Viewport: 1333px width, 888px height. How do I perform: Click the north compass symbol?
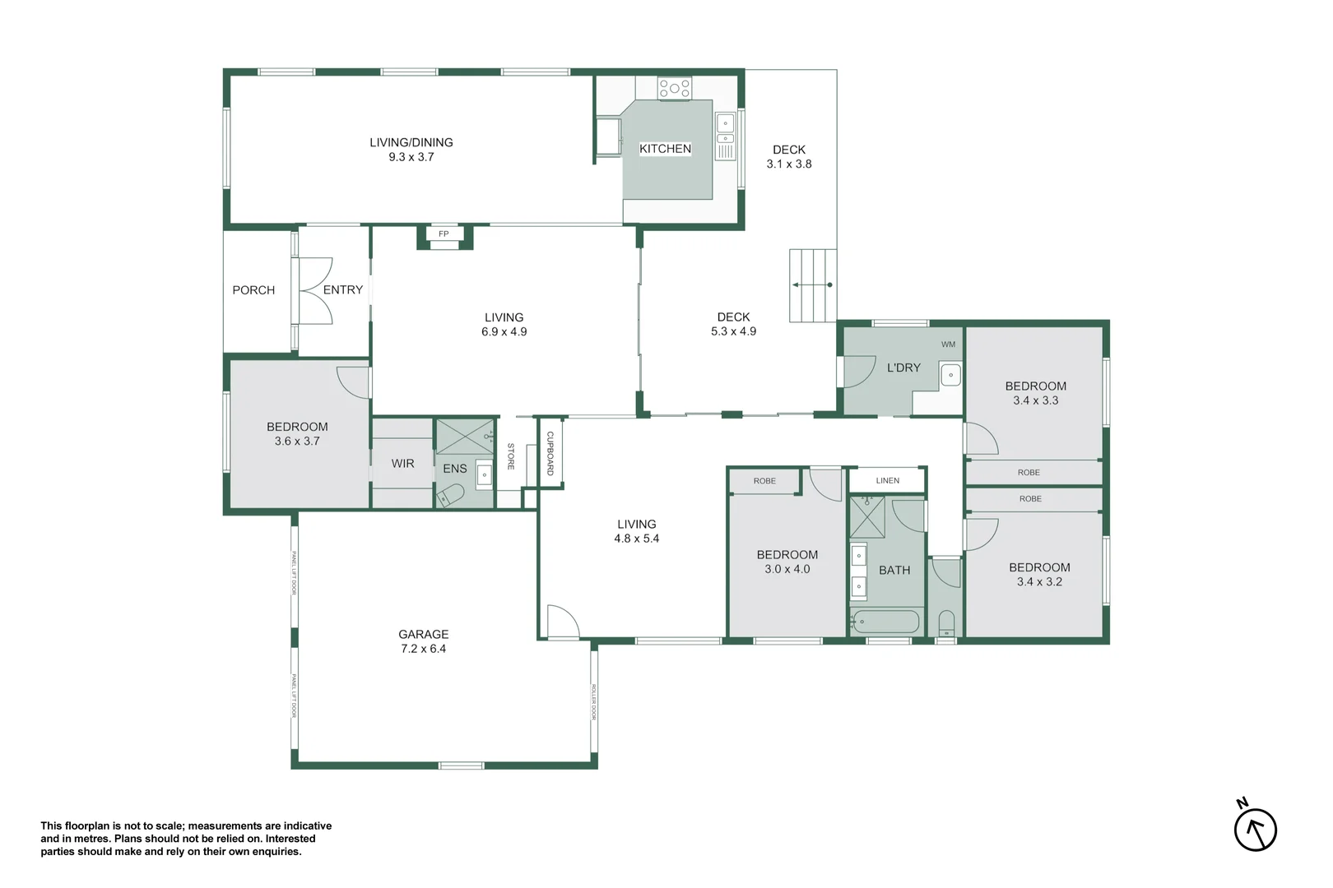[1256, 829]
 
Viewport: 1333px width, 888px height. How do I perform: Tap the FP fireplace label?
[444, 234]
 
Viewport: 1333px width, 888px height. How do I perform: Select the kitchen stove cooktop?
[674, 89]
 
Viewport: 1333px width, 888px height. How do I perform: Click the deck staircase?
[813, 285]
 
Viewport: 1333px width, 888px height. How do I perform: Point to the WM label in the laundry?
[948, 345]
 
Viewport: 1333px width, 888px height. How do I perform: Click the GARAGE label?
[423, 634]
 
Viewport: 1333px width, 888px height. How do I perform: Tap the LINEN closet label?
[887, 480]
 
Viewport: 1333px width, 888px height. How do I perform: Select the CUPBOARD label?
[550, 453]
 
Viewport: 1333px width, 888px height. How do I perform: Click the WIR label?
[402, 464]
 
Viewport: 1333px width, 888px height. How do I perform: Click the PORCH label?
[253, 290]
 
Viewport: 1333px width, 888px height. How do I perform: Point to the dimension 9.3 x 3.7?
[411, 157]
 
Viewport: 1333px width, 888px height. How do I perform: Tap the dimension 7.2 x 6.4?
[423, 649]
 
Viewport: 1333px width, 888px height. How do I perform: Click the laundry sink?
[950, 375]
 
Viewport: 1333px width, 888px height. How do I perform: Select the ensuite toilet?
[450, 495]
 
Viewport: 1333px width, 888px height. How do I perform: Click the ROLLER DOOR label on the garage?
[593, 702]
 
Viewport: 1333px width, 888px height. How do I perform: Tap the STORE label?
[510, 456]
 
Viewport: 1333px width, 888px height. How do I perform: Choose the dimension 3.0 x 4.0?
[787, 569]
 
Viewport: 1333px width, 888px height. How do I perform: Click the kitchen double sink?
[725, 130]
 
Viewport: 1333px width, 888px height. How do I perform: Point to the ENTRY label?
[343, 289]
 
